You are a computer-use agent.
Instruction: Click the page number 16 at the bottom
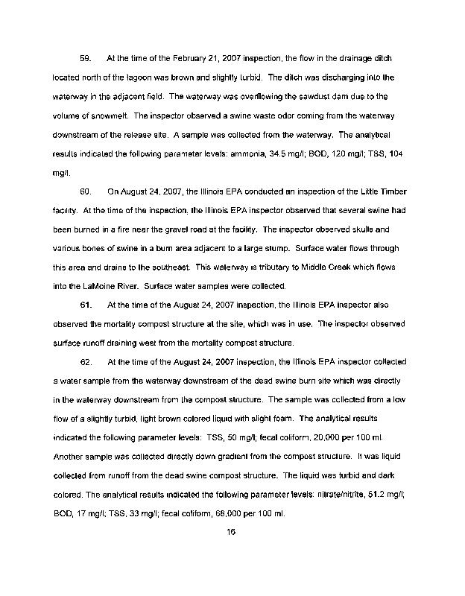tap(232, 532)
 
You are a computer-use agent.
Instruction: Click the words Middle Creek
tap(345, 267)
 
